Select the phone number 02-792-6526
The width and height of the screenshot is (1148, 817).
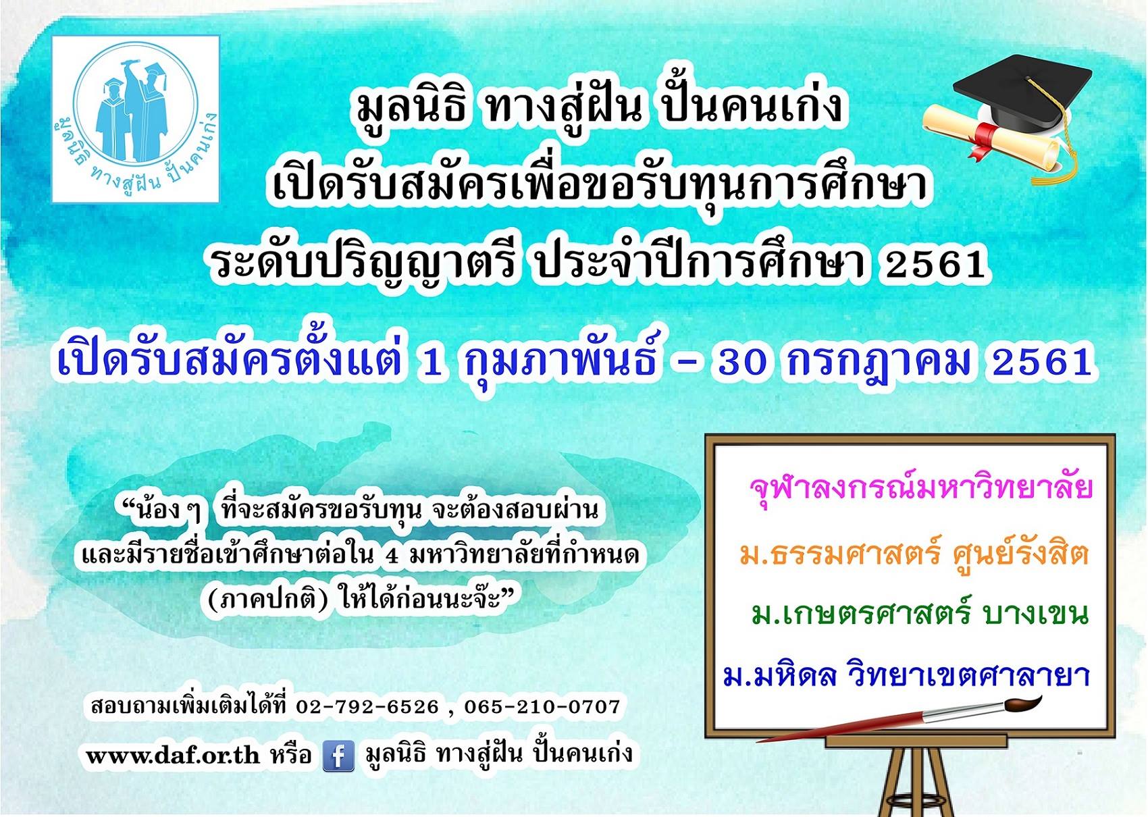click(367, 707)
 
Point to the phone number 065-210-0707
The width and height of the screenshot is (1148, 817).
click(542, 707)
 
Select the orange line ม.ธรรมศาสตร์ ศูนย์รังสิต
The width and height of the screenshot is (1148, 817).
click(914, 556)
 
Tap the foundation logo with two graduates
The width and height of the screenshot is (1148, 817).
click(136, 119)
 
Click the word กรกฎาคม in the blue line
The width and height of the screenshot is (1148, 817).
click(871, 363)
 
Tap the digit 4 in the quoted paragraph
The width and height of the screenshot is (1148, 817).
click(392, 556)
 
